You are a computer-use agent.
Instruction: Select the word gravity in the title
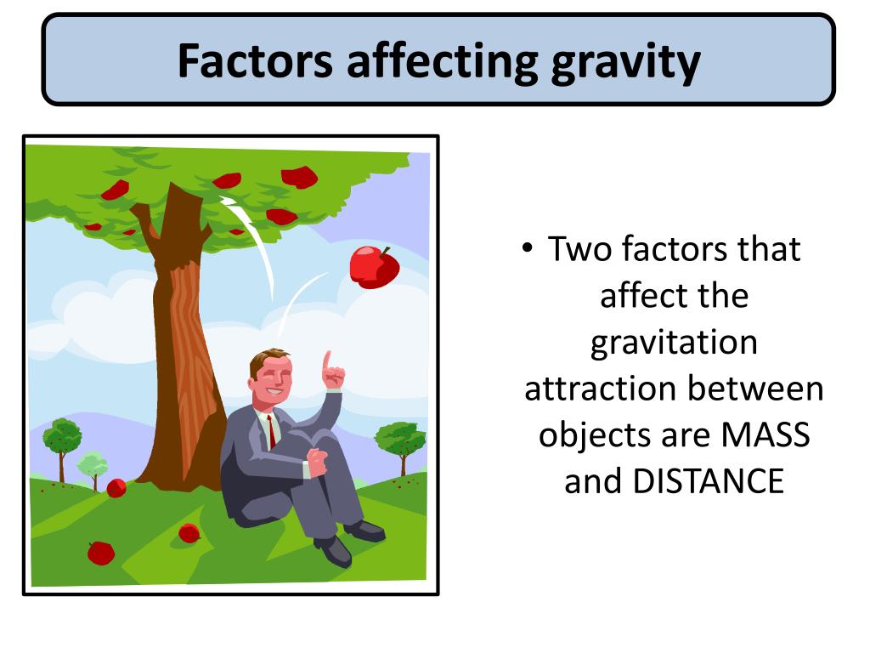click(625, 61)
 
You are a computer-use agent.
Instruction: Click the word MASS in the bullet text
click(765, 435)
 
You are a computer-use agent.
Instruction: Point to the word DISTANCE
click(708, 481)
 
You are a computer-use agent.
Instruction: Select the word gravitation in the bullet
click(674, 343)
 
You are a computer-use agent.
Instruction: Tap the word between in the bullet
click(755, 389)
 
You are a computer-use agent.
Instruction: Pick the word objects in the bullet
click(594, 435)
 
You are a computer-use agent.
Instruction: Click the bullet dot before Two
click(528, 248)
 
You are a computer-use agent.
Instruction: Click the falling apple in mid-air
click(375, 267)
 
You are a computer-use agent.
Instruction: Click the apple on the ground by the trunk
click(116, 488)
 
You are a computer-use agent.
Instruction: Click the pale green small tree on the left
click(93, 466)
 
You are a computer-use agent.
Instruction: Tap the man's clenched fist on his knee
click(317, 463)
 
